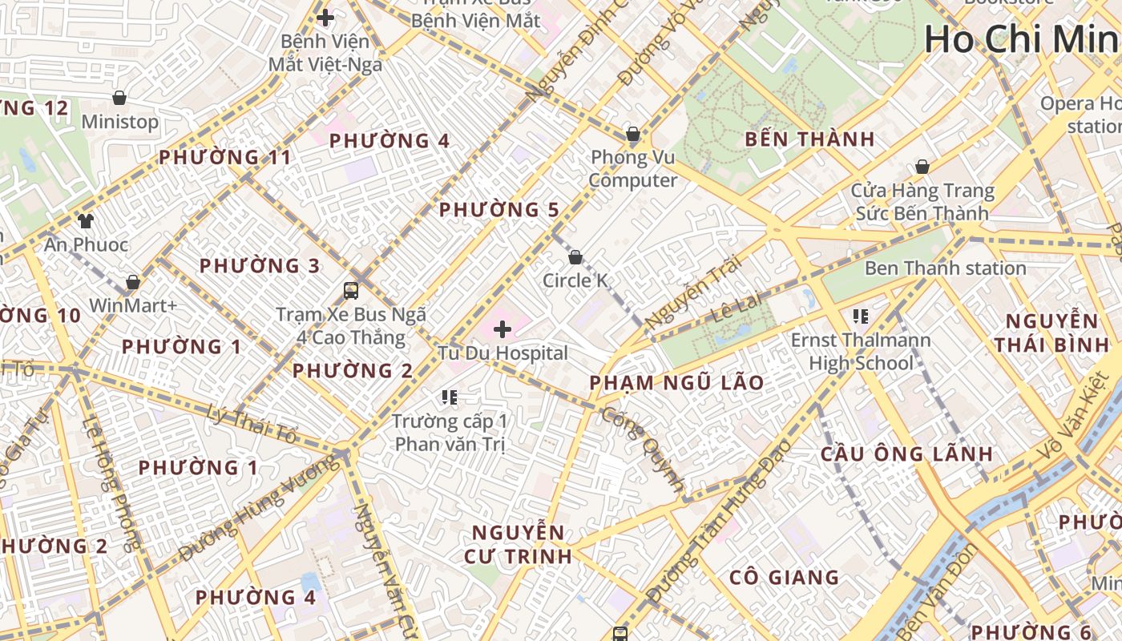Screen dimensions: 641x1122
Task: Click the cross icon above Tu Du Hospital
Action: pyautogui.click(x=502, y=329)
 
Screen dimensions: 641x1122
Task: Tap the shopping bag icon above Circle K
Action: pyautogui.click(x=575, y=257)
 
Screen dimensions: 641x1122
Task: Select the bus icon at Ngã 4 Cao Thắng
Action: pyautogui.click(x=351, y=290)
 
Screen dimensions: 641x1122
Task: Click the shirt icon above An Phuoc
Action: pyautogui.click(x=86, y=220)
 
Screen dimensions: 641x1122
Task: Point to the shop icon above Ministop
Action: pyautogui.click(x=119, y=98)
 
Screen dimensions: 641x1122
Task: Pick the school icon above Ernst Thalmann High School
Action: pyautogui.click(x=861, y=316)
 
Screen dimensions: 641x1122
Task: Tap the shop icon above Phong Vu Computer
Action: pyautogui.click(x=633, y=133)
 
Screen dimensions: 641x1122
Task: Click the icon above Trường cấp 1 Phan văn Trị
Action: pyautogui.click(x=449, y=397)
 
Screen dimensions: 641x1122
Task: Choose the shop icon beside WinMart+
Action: pyautogui.click(x=133, y=282)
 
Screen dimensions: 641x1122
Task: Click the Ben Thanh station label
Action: pyautogui.click(x=945, y=268)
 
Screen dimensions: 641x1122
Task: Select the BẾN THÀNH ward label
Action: pyautogui.click(x=809, y=139)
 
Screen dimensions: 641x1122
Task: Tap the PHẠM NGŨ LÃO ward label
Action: pyautogui.click(x=677, y=383)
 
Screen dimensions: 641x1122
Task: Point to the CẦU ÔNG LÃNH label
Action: pyautogui.click(x=906, y=454)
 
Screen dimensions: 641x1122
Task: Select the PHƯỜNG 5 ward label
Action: pyautogui.click(x=498, y=210)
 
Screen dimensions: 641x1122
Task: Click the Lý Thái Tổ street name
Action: pyautogui.click(x=252, y=425)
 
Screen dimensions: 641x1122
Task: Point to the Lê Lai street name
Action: pyautogui.click(x=734, y=308)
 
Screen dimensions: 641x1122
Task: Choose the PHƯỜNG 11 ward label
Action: pyautogui.click(x=225, y=157)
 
